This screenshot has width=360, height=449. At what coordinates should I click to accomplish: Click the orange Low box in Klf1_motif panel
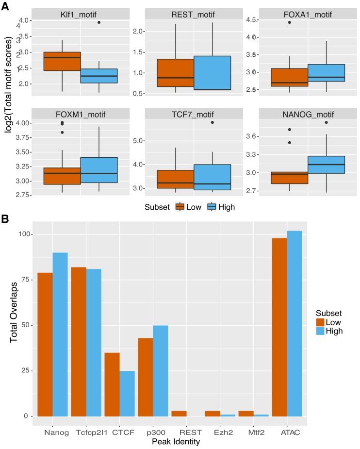pos(62,61)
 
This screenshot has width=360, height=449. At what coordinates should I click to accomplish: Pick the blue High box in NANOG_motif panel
pos(326,171)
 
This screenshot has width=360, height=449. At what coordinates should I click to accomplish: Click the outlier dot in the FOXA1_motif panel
pos(276,22)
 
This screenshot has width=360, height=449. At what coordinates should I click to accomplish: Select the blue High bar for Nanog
pos(60,334)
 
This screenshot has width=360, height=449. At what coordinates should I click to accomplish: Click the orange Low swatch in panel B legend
pos(321,322)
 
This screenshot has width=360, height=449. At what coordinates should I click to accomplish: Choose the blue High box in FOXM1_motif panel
pos(99,170)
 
